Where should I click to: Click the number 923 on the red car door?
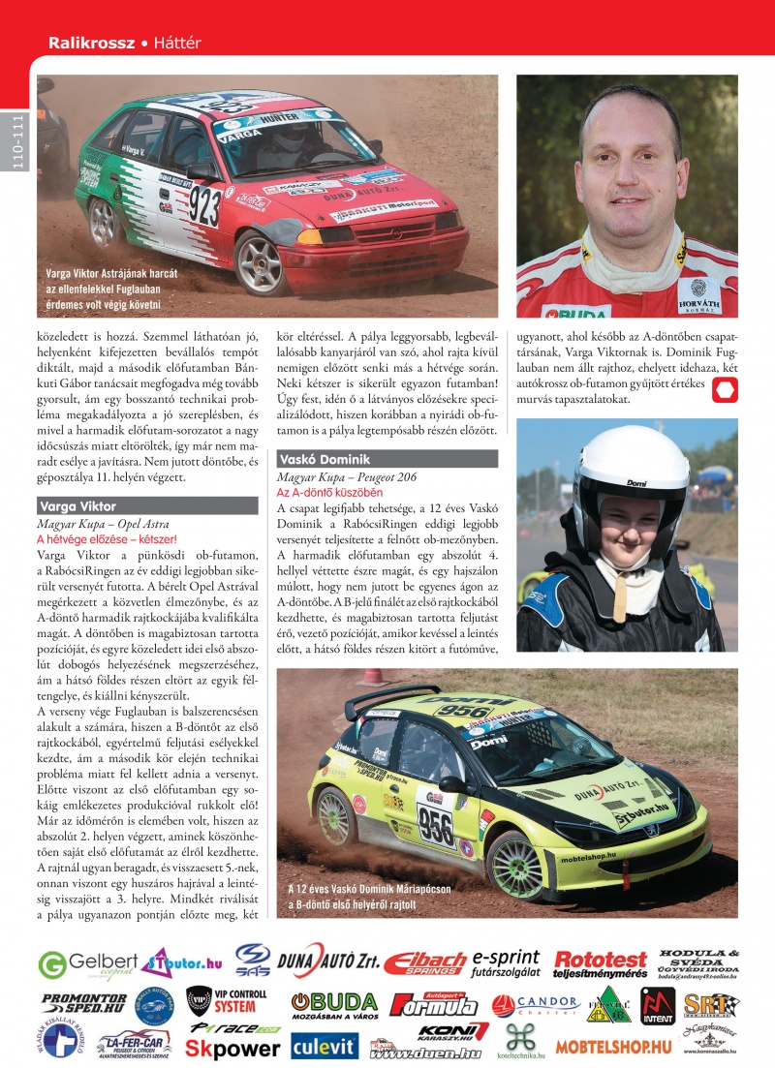pyautogui.click(x=204, y=205)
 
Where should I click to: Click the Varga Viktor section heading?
pyautogui.click(x=77, y=505)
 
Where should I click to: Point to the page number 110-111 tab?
pyautogui.click(x=16, y=140)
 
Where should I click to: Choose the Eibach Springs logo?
pyautogui.click(x=424, y=962)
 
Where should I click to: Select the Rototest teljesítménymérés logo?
pyautogui.click(x=600, y=963)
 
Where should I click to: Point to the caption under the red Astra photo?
pyautogui.click(x=104, y=289)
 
